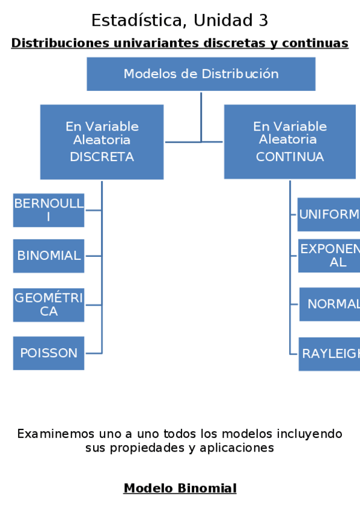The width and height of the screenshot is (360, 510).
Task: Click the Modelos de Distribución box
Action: [x=201, y=74]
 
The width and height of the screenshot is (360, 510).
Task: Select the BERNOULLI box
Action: [x=49, y=210]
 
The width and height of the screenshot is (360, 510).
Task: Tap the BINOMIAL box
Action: [x=49, y=256]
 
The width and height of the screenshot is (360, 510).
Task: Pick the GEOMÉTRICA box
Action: [x=49, y=304]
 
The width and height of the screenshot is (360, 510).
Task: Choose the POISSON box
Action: [x=49, y=353]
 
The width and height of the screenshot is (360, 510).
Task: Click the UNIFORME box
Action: [x=329, y=215]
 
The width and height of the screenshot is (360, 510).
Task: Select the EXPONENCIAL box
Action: [x=329, y=256]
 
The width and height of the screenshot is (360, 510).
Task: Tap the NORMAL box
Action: [x=330, y=304]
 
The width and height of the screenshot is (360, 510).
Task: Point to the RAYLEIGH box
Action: [x=329, y=354]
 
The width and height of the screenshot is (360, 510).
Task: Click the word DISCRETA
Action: [x=102, y=157]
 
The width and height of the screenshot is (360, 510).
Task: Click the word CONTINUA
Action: [x=290, y=157]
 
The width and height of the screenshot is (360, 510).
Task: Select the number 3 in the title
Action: [x=263, y=20]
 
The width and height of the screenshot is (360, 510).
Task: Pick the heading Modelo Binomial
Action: [x=180, y=488]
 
